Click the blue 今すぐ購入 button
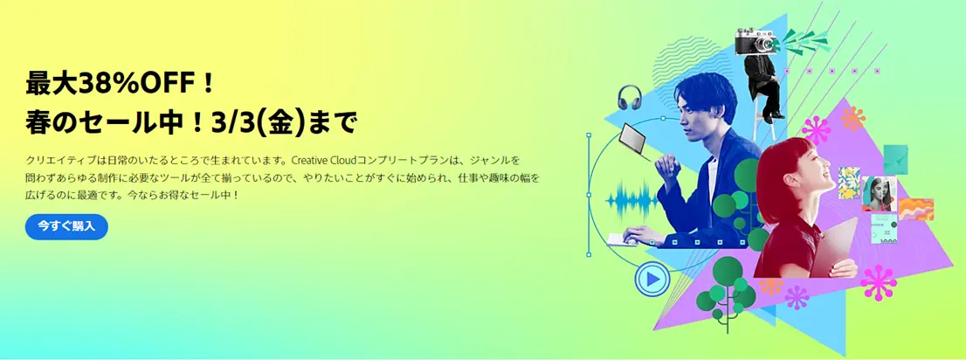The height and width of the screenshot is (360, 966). point(66,226)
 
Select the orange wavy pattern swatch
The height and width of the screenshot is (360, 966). point(916,209)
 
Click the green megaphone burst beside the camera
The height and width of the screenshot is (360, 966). point(800,38)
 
